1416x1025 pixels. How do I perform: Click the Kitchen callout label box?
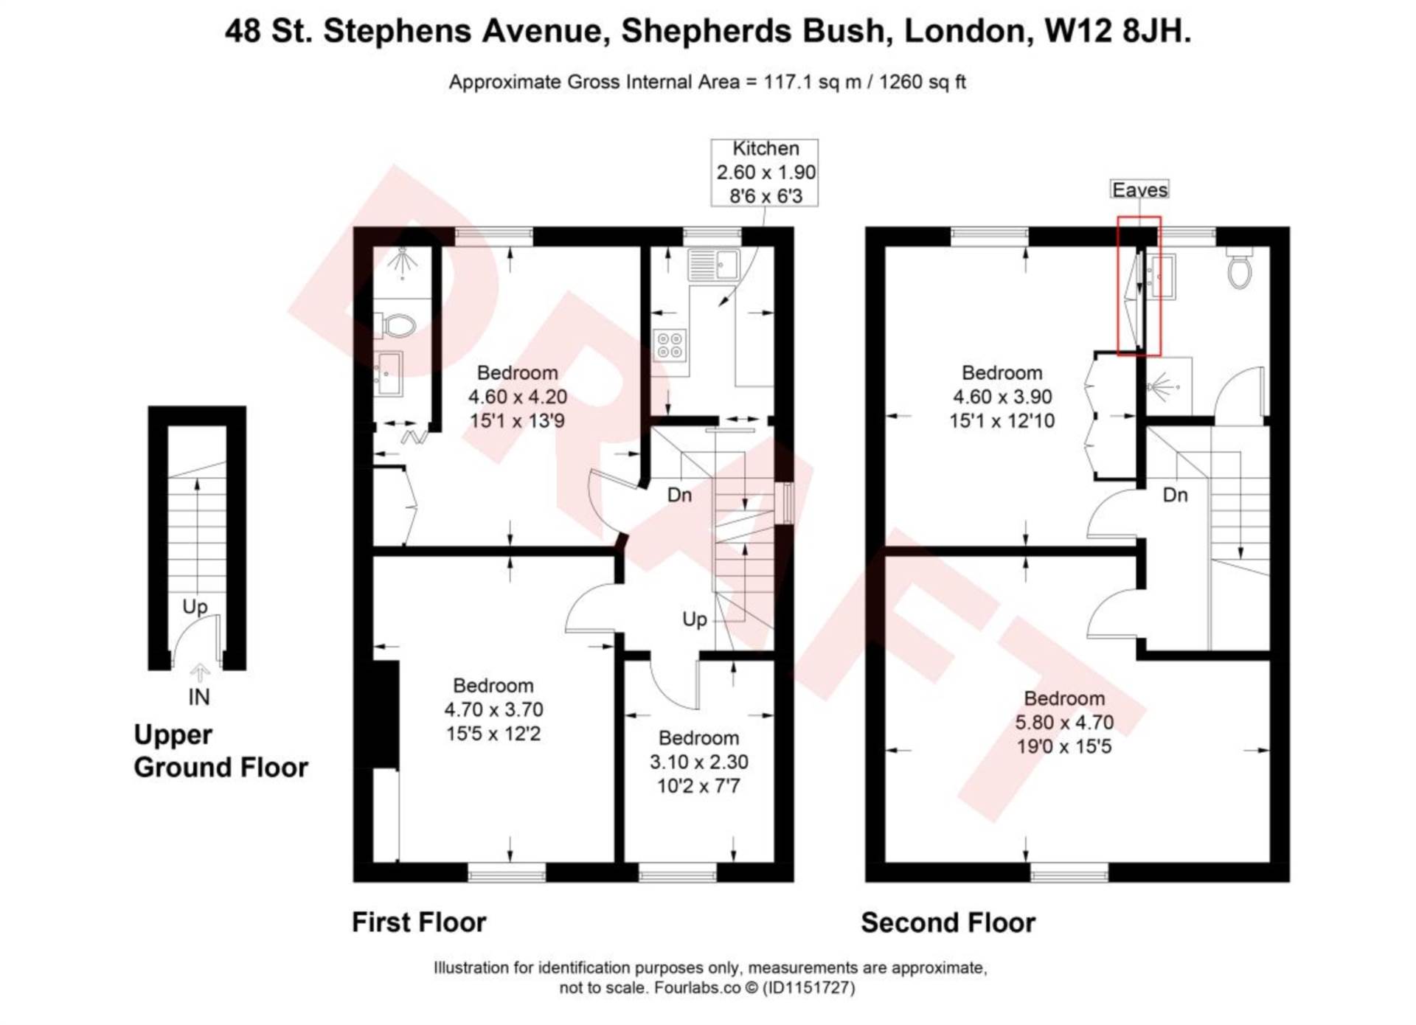pyautogui.click(x=764, y=172)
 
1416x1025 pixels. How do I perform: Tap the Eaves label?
pyautogui.click(x=1139, y=190)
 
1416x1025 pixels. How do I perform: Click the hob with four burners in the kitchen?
pyautogui.click(x=670, y=344)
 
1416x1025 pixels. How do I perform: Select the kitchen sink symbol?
pyautogui.click(x=713, y=265)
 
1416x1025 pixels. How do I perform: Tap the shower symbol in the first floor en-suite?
pyautogui.click(x=402, y=262)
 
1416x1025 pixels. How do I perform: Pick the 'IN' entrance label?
pyautogui.click(x=199, y=697)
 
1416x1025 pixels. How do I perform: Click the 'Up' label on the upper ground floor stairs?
pyautogui.click(x=195, y=606)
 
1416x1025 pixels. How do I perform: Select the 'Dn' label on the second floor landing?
pyautogui.click(x=1175, y=495)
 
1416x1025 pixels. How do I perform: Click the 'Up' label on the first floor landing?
pyautogui.click(x=695, y=619)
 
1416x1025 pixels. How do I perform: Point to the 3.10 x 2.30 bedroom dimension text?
pyautogui.click(x=698, y=762)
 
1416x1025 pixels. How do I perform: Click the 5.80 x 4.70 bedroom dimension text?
pyautogui.click(x=1063, y=722)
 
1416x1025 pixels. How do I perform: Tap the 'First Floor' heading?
pyautogui.click(x=419, y=922)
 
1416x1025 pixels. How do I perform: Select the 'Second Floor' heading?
pyautogui.click(x=948, y=922)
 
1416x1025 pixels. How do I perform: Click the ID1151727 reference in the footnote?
pyautogui.click(x=808, y=987)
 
